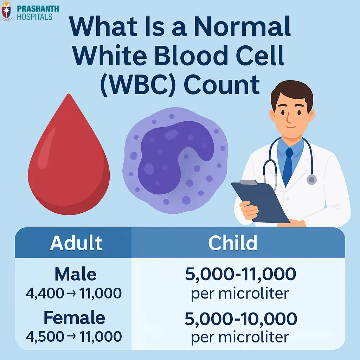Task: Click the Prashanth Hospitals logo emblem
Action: [x=6, y=11]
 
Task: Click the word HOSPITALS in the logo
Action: [x=34, y=17]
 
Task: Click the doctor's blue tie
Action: [x=289, y=165]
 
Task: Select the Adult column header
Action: [x=76, y=243]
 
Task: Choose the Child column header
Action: [x=233, y=243]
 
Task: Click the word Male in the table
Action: [x=75, y=275]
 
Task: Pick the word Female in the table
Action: [x=74, y=318]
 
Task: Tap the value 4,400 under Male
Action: [x=40, y=294]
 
